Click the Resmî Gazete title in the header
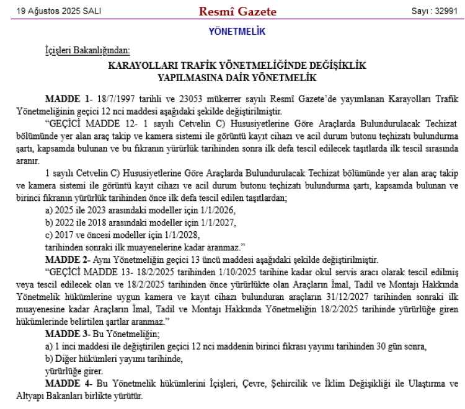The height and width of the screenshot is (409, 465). point(237,11)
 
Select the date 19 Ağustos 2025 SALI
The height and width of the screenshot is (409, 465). point(51,12)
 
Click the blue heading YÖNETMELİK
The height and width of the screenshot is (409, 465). point(237,30)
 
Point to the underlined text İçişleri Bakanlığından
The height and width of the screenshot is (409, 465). point(87,50)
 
